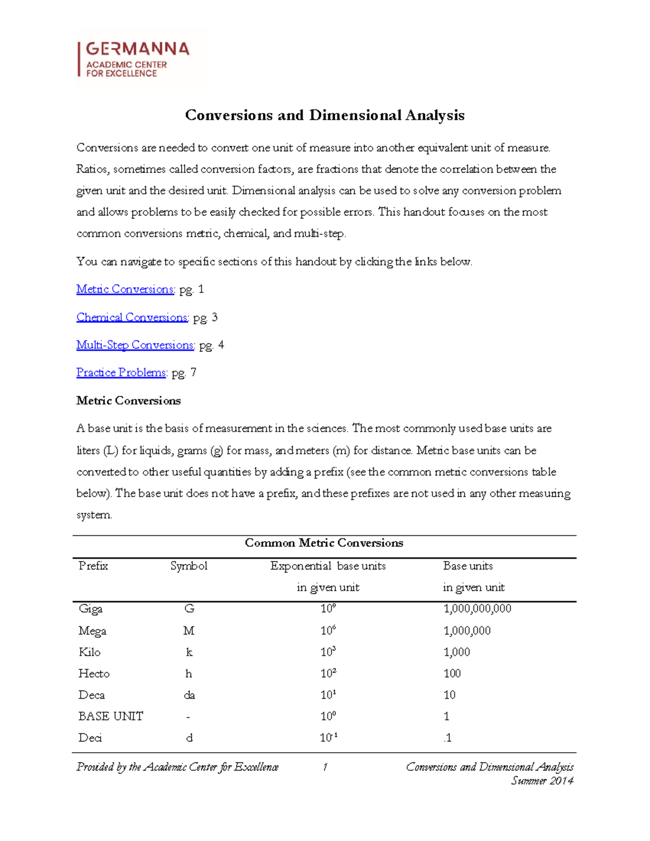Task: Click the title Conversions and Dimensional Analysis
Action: click(324, 115)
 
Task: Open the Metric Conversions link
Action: click(125, 289)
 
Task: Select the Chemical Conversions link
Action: click(132, 317)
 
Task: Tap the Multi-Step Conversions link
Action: click(135, 345)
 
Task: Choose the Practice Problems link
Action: click(121, 373)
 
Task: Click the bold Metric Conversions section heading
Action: click(128, 401)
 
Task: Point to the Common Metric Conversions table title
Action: click(324, 543)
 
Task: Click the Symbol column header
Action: click(188, 566)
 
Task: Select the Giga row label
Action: click(90, 609)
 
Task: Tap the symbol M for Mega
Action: click(188, 631)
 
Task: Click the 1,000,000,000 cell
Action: click(477, 609)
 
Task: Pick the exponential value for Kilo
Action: click(328, 652)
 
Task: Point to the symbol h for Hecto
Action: click(188, 674)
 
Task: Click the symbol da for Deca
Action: click(189, 695)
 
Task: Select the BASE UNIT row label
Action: click(110, 716)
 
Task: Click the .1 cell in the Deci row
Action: click(447, 738)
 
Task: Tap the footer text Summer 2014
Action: click(542, 781)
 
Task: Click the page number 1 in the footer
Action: click(325, 767)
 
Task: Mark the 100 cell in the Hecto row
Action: click(452, 674)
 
